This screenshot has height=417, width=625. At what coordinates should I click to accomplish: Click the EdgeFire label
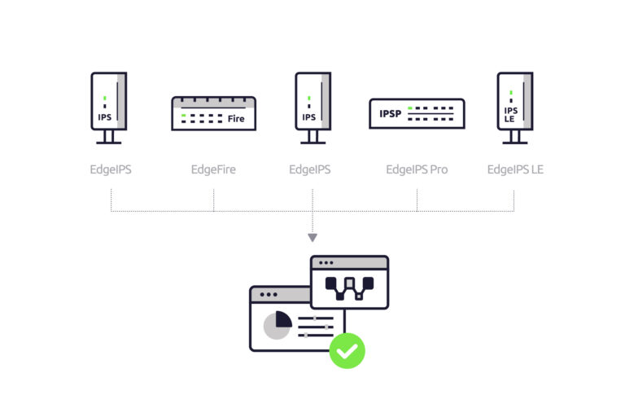point(213,170)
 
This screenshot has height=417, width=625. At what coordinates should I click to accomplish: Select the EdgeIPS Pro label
point(417,170)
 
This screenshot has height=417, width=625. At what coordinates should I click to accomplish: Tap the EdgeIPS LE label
point(514,170)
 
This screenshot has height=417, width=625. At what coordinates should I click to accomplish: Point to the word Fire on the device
point(236,119)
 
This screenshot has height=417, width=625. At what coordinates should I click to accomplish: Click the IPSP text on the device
point(391,114)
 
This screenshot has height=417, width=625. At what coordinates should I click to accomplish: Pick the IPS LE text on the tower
point(510,114)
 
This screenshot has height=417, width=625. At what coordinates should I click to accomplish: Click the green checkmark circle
point(347,351)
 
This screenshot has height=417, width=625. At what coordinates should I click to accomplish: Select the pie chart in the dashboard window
point(278,323)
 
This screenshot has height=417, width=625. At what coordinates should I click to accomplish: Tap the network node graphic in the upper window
point(349,285)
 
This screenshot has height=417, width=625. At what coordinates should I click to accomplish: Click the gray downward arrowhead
point(312,238)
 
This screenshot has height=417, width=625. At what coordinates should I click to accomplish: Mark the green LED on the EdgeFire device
point(185,116)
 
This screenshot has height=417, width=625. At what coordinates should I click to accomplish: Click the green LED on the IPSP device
point(412,108)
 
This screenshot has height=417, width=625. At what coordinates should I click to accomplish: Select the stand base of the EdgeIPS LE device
point(514,142)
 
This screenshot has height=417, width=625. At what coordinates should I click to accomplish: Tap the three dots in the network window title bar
point(326,263)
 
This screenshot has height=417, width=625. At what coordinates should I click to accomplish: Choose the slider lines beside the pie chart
point(316,326)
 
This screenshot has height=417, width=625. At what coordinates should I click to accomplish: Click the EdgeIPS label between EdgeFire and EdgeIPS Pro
point(310,170)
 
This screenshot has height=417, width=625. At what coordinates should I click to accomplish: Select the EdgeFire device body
point(213,113)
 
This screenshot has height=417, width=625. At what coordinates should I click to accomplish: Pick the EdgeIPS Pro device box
point(417,114)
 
